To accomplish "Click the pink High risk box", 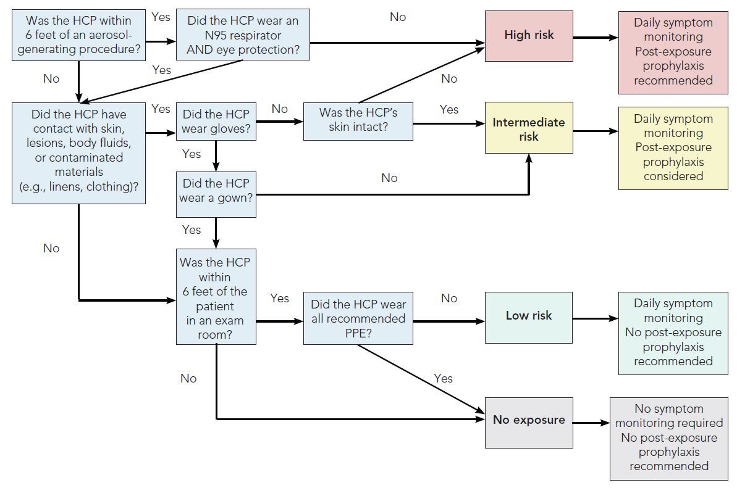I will tap(528, 35).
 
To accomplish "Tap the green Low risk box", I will tap(528, 316).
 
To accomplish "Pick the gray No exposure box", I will tap(528, 421).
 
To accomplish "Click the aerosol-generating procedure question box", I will tap(78, 35).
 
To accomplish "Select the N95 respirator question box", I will tap(242, 35).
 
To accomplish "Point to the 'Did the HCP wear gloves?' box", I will tap(216, 122).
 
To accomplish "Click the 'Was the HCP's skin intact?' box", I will tap(358, 122).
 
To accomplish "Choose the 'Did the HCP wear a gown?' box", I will tap(216, 191).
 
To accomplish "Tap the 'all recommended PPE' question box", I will tap(358, 319).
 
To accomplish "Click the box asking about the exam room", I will tap(216, 297).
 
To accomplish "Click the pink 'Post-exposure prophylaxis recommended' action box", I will tap(673, 52).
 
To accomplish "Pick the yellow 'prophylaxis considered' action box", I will tap(673, 147).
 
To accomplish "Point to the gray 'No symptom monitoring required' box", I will tap(673, 437).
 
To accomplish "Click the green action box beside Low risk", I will tap(673, 333).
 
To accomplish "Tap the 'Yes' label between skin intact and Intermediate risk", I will tap(449, 109).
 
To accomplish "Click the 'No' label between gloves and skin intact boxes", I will tap(280, 109).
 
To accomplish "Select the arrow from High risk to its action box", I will tap(595, 38).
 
